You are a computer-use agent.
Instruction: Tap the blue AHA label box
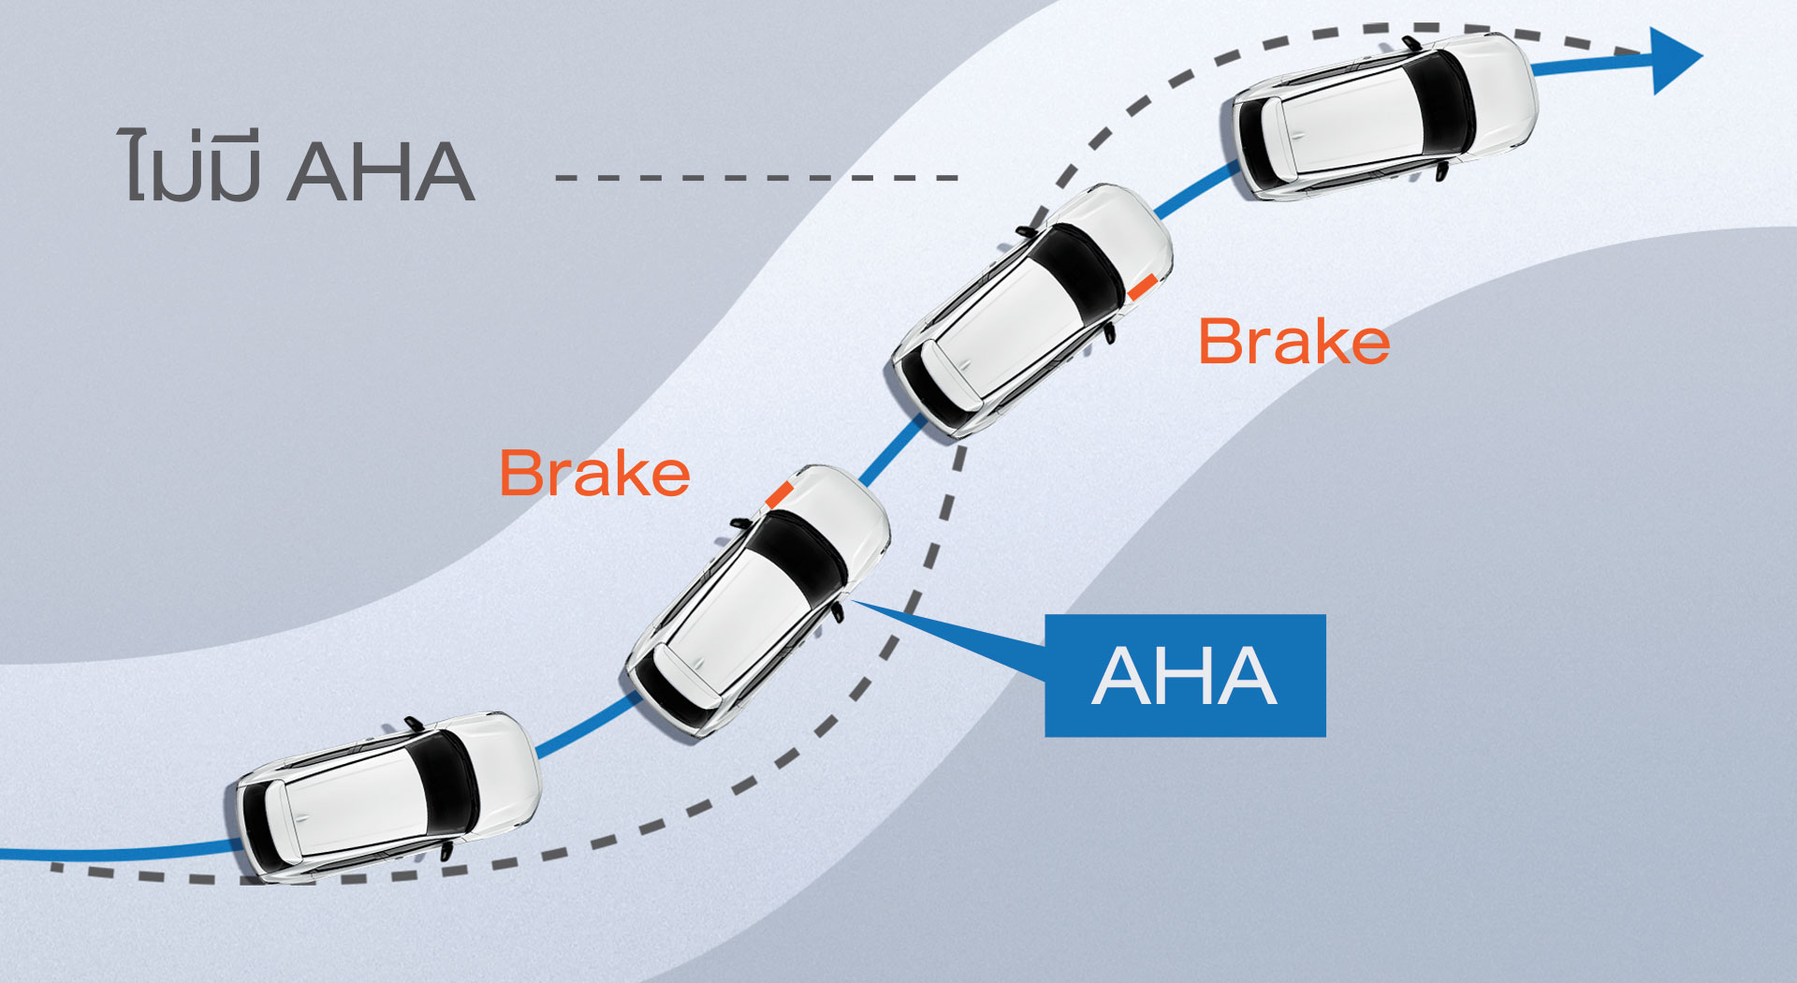point(1185,675)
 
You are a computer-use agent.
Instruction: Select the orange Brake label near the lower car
point(594,473)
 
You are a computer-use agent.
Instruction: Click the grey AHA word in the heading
point(381,172)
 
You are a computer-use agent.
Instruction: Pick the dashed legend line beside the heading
point(756,177)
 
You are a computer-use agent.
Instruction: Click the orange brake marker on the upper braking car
point(1142,286)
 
